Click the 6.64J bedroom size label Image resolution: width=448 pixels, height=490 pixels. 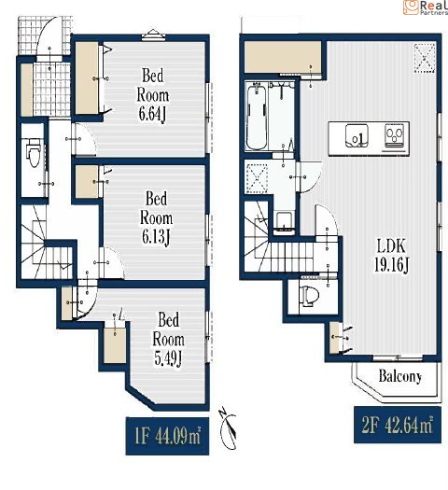153,94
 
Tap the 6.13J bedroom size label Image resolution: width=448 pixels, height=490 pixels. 156,217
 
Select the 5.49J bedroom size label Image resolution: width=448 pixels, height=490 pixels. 168,339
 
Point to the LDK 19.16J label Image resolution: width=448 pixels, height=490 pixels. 391,256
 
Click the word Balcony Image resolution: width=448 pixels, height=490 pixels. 400,376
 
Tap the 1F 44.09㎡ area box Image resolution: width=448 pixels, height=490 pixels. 167,436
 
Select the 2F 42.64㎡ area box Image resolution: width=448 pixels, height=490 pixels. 398,425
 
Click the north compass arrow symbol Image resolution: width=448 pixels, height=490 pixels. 228,428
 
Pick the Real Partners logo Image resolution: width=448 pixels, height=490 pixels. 426,7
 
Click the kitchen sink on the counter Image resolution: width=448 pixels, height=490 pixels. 357,136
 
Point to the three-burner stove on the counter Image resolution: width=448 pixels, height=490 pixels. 395,135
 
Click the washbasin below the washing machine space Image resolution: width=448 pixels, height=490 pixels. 285,223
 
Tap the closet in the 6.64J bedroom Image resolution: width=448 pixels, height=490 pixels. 87,77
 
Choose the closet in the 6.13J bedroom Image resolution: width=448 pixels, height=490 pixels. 87,182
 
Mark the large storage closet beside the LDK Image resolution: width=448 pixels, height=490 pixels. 283,57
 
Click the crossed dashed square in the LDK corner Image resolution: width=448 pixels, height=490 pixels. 425,58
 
